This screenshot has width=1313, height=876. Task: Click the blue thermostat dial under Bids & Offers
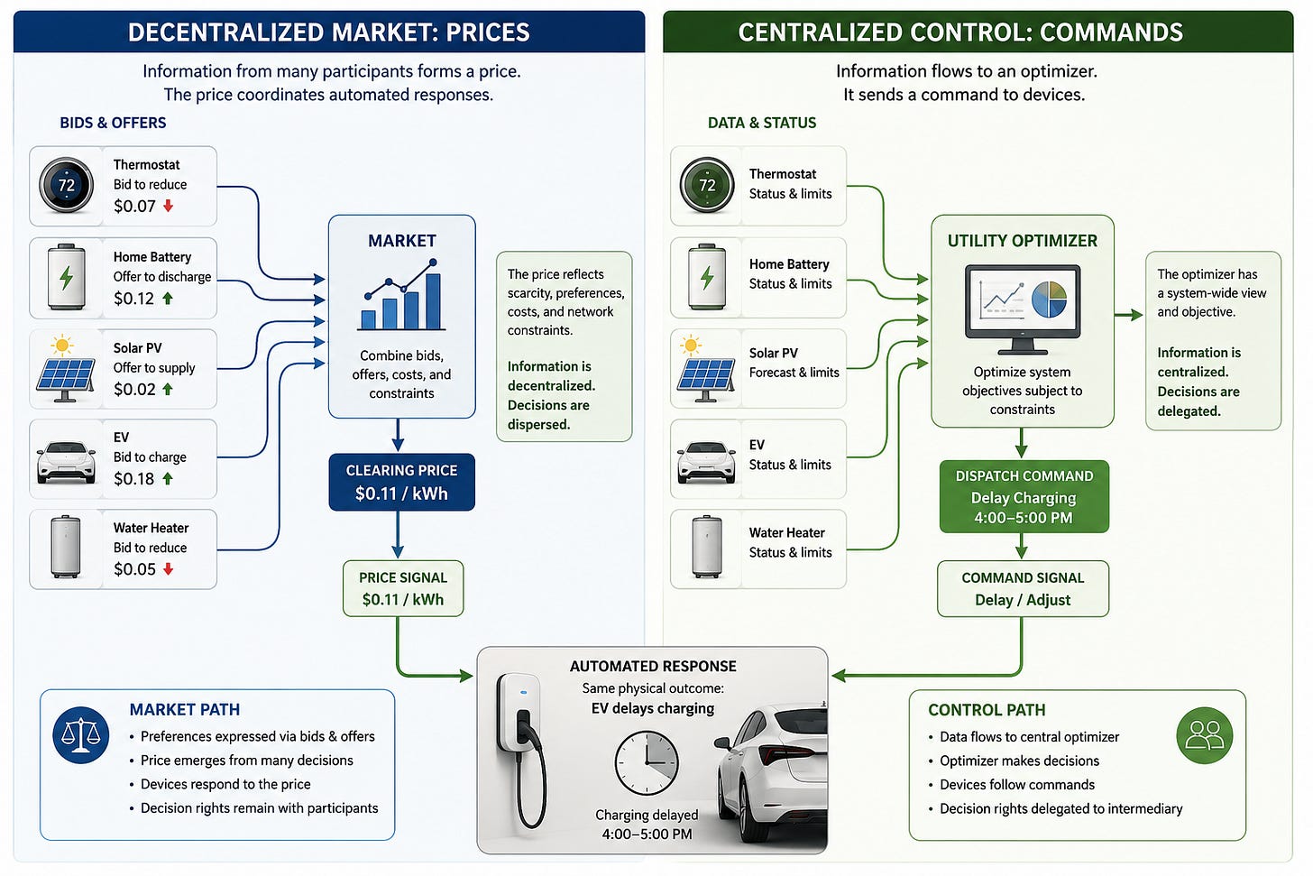(66, 185)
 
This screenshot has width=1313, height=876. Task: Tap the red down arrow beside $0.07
(169, 206)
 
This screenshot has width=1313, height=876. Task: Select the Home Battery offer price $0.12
(133, 299)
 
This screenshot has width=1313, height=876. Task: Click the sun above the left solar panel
(61, 346)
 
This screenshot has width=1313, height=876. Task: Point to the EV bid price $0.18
(133, 479)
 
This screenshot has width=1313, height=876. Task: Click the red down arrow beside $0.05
(169, 568)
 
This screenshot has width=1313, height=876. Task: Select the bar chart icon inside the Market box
(401, 295)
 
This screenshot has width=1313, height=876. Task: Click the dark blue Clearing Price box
(401, 482)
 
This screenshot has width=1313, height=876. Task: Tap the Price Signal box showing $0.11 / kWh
(403, 589)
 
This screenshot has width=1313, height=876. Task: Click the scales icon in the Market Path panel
(81, 735)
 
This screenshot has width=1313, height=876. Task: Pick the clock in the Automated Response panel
(647, 763)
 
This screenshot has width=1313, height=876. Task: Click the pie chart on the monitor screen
(1050, 300)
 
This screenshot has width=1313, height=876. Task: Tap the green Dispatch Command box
(1024, 496)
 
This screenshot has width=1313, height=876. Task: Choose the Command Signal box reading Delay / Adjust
(1023, 589)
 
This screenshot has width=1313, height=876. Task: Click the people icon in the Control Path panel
(1205, 735)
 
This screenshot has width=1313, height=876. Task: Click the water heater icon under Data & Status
(707, 547)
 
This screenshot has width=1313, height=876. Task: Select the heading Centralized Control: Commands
(960, 32)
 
